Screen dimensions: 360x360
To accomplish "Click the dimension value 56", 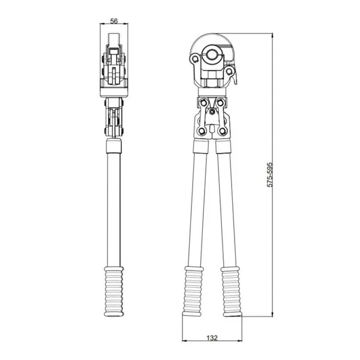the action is (114, 21).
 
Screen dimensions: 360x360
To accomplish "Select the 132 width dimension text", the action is (212, 338).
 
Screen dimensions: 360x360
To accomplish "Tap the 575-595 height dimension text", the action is (270, 175).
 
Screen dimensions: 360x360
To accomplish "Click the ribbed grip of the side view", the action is (114, 292).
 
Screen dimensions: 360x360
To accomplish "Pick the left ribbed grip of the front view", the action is (193, 291).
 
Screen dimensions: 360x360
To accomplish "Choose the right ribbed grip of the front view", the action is (232, 292).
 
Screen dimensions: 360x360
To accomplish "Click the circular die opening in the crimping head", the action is (211, 55).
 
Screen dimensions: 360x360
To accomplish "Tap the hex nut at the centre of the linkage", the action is (212, 112).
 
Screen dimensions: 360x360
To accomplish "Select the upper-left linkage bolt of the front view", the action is (203, 103).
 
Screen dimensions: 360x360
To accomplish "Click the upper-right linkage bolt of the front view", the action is (220, 103).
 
